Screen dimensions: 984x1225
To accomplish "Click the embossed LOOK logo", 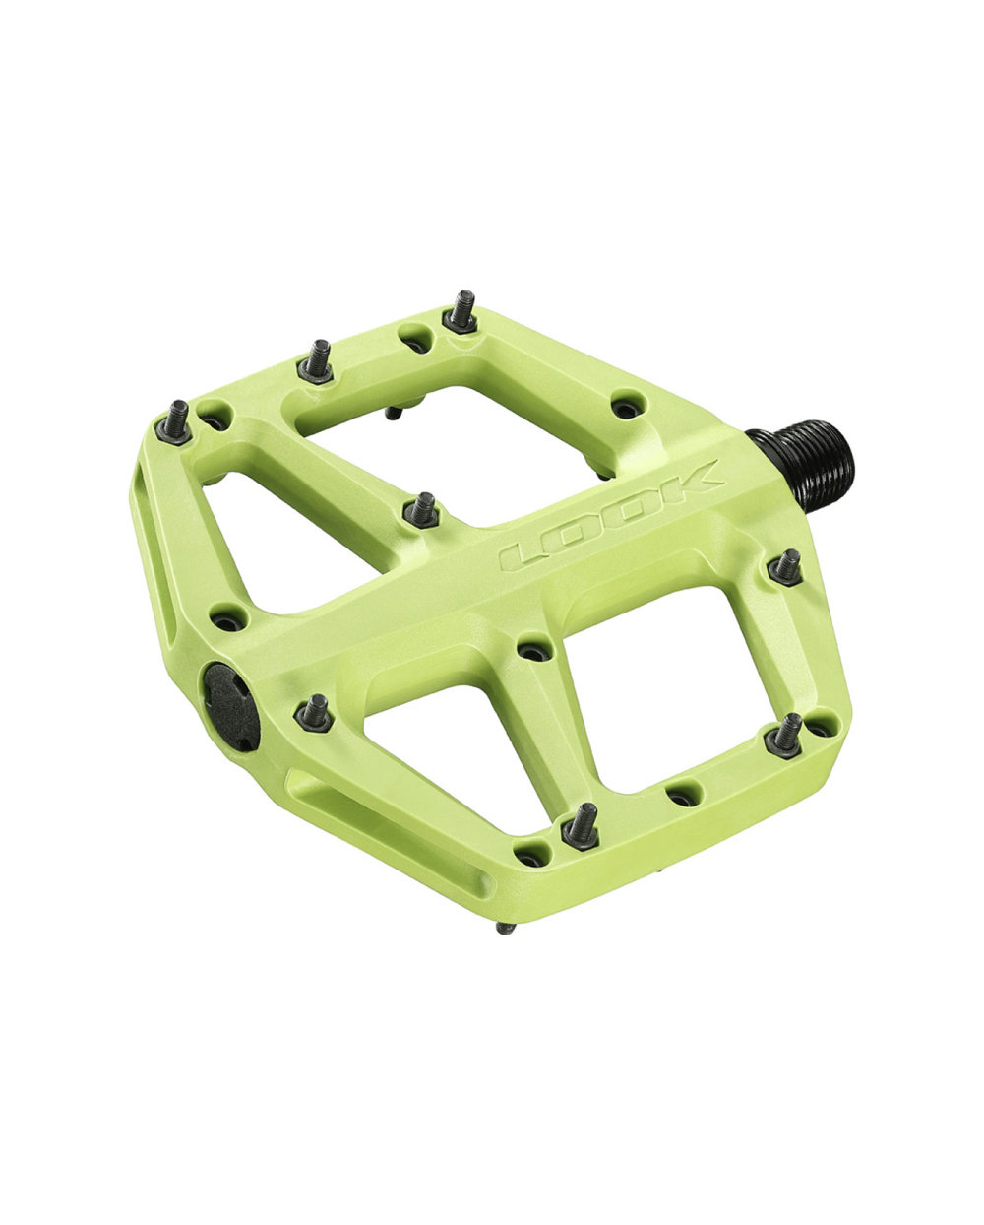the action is click(x=612, y=516).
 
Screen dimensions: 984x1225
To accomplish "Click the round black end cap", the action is click(x=229, y=706).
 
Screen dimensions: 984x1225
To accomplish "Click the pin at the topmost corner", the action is click(x=461, y=312).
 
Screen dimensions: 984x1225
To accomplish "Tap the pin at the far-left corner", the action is click(x=174, y=422).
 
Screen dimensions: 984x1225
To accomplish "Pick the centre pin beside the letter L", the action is click(x=421, y=510).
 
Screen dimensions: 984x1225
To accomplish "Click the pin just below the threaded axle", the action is click(x=785, y=568).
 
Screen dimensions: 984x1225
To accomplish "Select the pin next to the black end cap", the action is click(x=313, y=713).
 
